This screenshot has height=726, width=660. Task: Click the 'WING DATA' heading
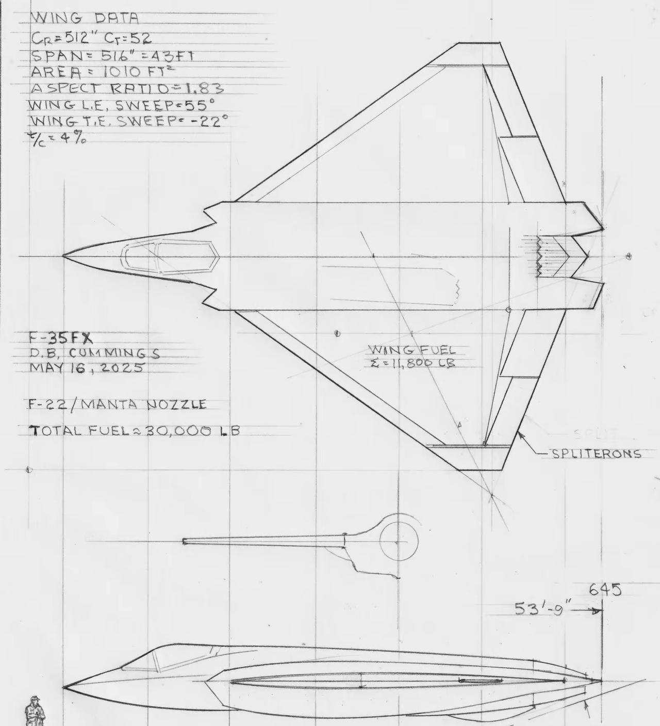click(x=86, y=19)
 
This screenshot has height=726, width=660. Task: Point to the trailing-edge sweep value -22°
click(x=204, y=122)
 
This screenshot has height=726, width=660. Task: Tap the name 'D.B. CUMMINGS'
click(x=93, y=353)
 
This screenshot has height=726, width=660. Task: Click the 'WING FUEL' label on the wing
click(x=412, y=350)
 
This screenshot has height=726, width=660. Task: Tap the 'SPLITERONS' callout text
click(x=596, y=454)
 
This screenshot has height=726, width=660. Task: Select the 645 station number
click(x=605, y=590)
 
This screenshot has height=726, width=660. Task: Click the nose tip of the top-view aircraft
click(x=64, y=256)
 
